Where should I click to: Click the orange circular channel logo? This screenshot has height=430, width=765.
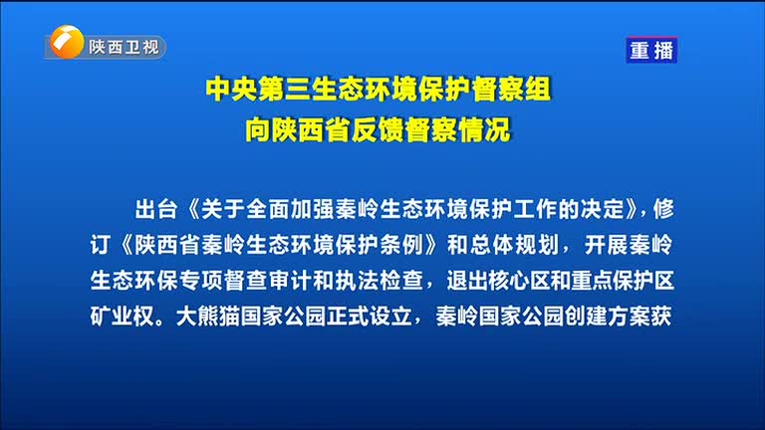tap(67, 42)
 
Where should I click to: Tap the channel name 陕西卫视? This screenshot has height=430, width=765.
tap(124, 47)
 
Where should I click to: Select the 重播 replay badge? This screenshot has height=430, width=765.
tap(651, 50)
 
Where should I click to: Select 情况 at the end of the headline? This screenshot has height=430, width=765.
tap(484, 129)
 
